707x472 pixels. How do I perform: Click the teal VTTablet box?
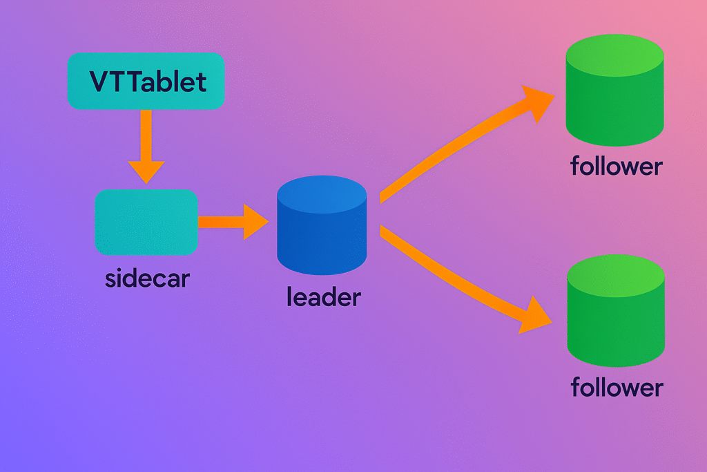tap(146, 81)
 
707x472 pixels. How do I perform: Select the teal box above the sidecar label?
tap(146, 222)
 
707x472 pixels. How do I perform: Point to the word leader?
tap(323, 297)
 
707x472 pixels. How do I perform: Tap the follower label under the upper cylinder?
tap(617, 167)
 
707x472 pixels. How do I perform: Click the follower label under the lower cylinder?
tap(617, 387)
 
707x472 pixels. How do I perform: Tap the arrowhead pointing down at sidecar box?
tap(146, 169)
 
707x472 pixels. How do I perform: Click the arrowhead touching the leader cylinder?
tap(255, 222)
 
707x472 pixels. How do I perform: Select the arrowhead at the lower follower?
tap(537, 314)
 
